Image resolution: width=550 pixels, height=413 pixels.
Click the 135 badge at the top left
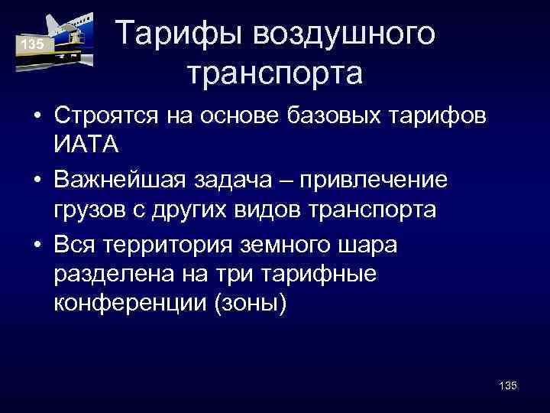32,45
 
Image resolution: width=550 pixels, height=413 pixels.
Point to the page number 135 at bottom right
506,385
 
